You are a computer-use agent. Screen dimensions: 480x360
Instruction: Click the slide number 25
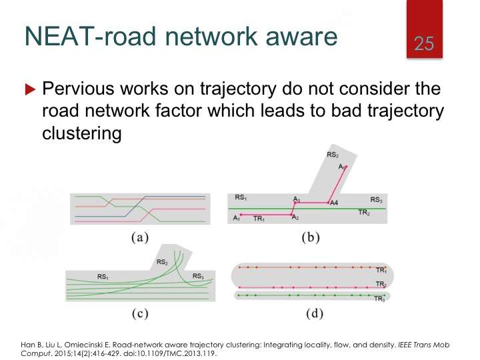pos(424,43)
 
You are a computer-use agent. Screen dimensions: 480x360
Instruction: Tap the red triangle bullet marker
pos(30,89)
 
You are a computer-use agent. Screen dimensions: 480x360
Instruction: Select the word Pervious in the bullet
pos(79,88)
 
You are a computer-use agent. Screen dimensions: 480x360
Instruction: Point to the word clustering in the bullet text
pos(82,133)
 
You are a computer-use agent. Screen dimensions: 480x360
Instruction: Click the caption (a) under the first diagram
pos(140,237)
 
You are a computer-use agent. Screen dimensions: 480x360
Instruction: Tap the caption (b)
pos(311,237)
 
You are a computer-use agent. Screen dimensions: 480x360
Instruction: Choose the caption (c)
pos(140,313)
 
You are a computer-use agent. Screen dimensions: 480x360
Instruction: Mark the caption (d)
pos(315,313)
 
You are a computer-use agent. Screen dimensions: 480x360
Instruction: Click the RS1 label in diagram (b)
pos(241,197)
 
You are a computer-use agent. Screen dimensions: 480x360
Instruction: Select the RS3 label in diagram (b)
pos(376,200)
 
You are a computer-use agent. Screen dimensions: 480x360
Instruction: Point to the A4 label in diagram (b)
pos(334,203)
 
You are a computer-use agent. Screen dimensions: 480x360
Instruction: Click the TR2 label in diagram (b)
pos(364,212)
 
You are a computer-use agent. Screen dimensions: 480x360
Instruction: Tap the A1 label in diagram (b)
pos(236,218)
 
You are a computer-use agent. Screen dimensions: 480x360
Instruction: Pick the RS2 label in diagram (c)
pos(162,262)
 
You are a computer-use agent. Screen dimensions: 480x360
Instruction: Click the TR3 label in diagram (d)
pos(379,299)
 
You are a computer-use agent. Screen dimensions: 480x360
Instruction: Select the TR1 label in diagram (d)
pos(381,270)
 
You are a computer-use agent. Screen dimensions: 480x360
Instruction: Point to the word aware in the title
pos(301,36)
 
